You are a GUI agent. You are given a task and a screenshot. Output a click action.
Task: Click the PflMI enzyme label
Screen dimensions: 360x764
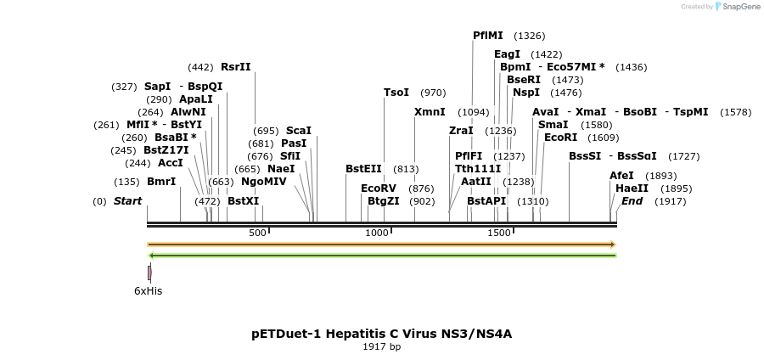coord(488,36)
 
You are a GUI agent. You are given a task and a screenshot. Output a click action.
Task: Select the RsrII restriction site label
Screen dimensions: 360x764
coord(236,67)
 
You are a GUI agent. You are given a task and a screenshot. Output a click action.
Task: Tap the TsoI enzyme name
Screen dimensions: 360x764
coord(396,93)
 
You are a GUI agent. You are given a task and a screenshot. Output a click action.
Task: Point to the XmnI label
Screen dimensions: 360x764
coord(430,112)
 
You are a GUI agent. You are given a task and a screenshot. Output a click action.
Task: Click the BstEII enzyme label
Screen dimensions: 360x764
coord(363,169)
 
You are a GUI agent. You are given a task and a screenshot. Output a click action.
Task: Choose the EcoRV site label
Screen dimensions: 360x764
coord(379,188)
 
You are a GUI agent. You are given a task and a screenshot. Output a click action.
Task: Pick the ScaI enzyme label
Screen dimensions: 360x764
coord(299,131)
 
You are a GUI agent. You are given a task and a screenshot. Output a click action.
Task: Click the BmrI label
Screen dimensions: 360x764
coord(161,182)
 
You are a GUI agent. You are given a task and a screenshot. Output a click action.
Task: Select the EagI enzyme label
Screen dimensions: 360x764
coord(508,54)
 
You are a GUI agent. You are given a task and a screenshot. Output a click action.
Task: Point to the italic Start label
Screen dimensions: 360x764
coord(127,201)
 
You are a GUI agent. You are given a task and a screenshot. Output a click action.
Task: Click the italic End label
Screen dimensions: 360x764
coord(632,201)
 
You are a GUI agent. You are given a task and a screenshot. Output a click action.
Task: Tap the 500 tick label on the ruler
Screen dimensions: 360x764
coord(258,233)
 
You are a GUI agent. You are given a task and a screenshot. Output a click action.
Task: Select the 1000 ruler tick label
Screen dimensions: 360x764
coord(377,233)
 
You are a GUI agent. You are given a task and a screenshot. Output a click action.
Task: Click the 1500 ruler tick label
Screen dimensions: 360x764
coord(499,233)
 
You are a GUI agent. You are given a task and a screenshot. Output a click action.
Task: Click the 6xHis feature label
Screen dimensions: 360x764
coord(148,291)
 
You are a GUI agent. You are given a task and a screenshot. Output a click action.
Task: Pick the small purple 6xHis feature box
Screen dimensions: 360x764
coord(149,273)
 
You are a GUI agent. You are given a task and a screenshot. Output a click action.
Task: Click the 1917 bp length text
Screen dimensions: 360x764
coord(381,346)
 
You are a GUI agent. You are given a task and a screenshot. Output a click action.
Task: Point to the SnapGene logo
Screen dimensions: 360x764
coord(737,7)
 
